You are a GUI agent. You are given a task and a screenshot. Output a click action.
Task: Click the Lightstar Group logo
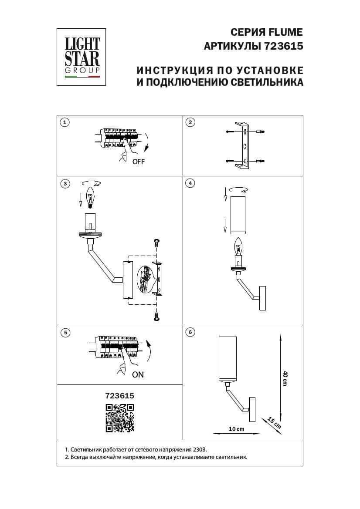[82, 57]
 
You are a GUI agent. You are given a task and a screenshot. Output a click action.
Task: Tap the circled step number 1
[65, 122]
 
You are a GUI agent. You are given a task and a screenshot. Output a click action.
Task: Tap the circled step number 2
[190, 122]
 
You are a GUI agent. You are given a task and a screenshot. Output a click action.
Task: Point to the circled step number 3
[65, 184]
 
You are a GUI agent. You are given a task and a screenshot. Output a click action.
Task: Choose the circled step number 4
[190, 184]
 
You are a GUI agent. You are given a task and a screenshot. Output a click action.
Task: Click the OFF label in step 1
[138, 162]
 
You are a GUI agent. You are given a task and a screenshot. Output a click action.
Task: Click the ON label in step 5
[137, 374]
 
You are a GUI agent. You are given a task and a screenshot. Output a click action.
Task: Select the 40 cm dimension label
[285, 378]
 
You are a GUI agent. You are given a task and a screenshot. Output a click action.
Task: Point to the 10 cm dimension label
[236, 429]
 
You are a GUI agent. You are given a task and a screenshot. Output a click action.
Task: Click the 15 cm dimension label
[273, 423]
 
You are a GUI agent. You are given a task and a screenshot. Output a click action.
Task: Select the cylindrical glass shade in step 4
[239, 215]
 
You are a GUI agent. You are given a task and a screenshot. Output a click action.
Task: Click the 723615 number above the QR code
[119, 396]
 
